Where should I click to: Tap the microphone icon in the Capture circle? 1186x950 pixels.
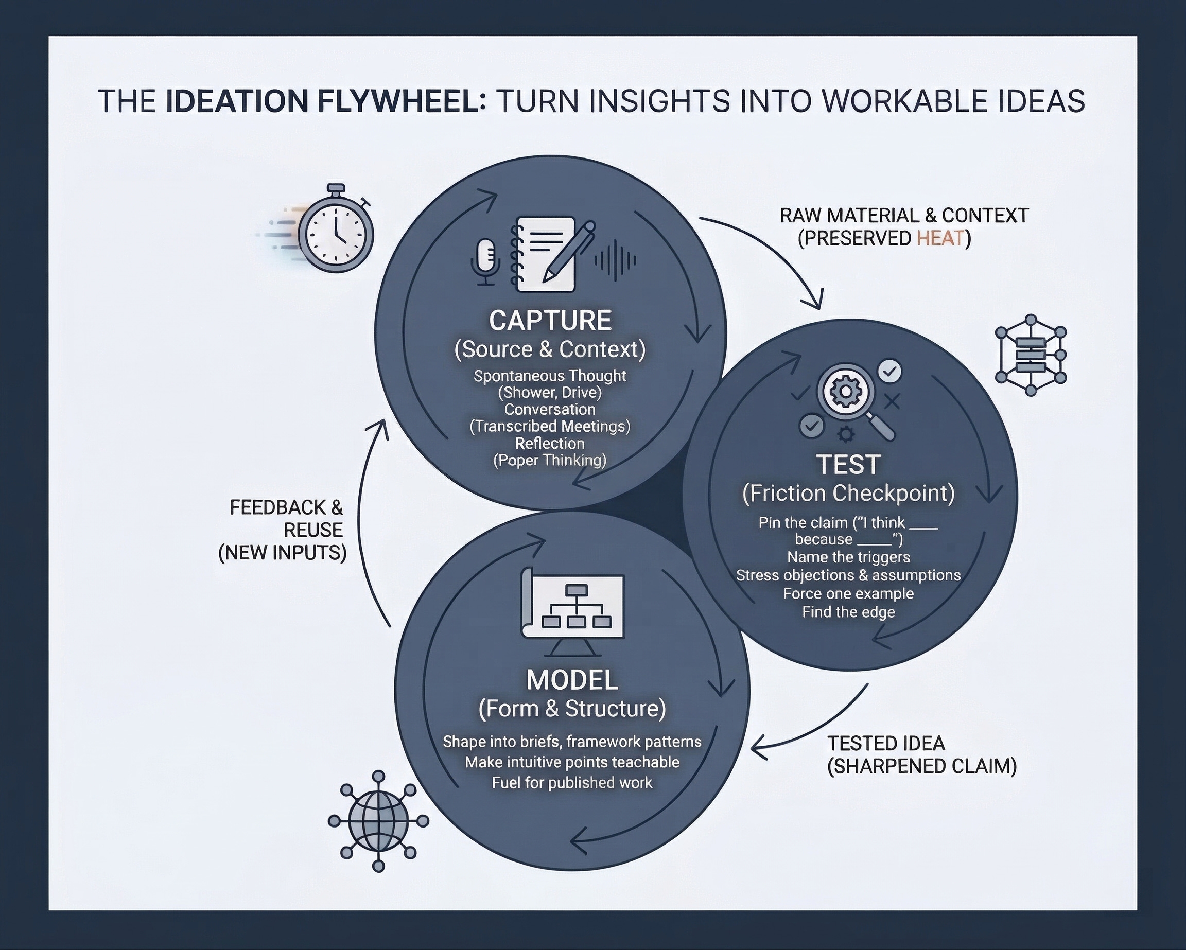click(485, 261)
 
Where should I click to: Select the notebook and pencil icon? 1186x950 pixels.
click(550, 254)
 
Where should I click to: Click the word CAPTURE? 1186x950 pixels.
click(550, 321)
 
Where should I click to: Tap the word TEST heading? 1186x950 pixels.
click(848, 465)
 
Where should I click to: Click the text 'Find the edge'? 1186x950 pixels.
click(848, 612)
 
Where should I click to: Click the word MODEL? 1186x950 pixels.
click(572, 681)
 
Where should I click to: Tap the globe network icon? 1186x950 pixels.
click(378, 820)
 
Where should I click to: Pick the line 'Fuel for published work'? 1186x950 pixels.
click(572, 783)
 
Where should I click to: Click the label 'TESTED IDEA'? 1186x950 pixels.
click(886, 744)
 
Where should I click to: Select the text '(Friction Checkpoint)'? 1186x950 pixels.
click(848, 494)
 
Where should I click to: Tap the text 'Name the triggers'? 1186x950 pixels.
click(848, 557)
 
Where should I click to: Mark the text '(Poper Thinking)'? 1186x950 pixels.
click(550, 460)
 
